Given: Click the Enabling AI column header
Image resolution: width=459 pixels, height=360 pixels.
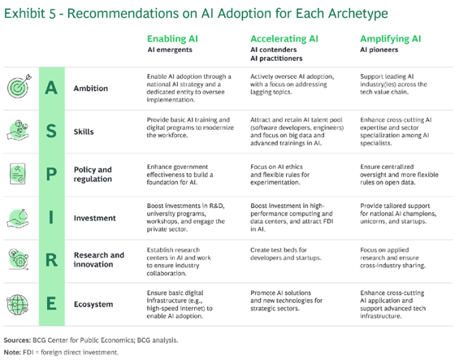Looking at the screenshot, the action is [172, 39].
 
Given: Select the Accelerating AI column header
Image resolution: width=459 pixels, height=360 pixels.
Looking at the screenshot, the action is [284, 39].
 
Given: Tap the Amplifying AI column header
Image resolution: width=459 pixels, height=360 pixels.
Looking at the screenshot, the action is [390, 39].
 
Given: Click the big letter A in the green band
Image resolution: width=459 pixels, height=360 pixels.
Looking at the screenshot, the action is [51, 88].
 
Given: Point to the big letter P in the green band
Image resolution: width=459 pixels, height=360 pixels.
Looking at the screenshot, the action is [51, 174].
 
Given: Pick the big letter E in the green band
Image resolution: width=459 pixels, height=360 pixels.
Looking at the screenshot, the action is [51, 303].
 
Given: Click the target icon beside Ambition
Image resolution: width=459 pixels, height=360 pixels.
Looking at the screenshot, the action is [19, 86].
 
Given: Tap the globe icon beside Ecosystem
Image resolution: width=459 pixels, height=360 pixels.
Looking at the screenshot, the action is [18, 305].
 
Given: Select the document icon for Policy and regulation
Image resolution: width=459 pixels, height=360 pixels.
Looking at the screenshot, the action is [18, 174].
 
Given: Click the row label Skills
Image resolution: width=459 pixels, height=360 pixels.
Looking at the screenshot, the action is [84, 132].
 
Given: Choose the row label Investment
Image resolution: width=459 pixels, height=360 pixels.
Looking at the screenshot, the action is [94, 218].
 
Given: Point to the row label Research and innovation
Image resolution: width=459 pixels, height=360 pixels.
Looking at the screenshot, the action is [99, 259].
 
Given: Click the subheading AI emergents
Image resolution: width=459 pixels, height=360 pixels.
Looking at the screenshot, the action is [170, 50].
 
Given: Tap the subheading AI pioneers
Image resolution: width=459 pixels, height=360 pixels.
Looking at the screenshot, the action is [379, 50].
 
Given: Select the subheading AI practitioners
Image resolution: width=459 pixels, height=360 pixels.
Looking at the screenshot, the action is [276, 59].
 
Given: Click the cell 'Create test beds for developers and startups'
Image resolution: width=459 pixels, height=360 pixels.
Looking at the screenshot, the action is [286, 254].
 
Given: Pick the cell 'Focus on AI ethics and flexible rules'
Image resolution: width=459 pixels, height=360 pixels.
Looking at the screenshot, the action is [279, 174].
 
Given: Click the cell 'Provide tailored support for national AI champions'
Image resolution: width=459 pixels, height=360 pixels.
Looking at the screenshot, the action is [398, 214].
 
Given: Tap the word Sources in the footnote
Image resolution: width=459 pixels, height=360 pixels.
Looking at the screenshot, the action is [17, 340].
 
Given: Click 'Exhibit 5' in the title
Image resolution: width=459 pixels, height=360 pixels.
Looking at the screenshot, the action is [30, 14].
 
